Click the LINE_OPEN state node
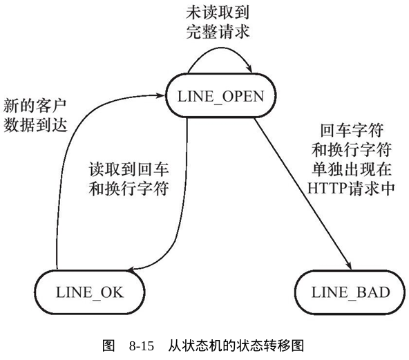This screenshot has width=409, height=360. (220, 95)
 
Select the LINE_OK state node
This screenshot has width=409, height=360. (90, 292)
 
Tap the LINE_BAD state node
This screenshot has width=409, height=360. (350, 292)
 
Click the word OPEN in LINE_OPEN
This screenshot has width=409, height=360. (243, 96)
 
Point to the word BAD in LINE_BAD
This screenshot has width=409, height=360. (373, 292)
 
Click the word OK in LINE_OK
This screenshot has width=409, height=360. (112, 292)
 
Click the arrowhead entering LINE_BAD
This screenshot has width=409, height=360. (349, 265)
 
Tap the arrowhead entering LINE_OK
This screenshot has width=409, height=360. (131, 269)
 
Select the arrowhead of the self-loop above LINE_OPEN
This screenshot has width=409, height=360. (249, 69)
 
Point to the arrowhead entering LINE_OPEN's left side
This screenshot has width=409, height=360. (161, 95)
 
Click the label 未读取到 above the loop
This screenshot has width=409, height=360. (218, 12)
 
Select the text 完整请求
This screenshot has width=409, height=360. (218, 32)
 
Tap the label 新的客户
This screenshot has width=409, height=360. (35, 106)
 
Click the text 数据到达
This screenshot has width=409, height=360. (35, 125)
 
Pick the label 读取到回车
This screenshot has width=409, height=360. (129, 169)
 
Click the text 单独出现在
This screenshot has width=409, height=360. (352, 169)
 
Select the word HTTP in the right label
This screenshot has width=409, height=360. (327, 189)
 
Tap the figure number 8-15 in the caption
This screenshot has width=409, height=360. (142, 346)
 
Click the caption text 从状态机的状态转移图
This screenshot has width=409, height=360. (236, 346)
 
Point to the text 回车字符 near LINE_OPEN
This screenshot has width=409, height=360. (352, 130)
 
